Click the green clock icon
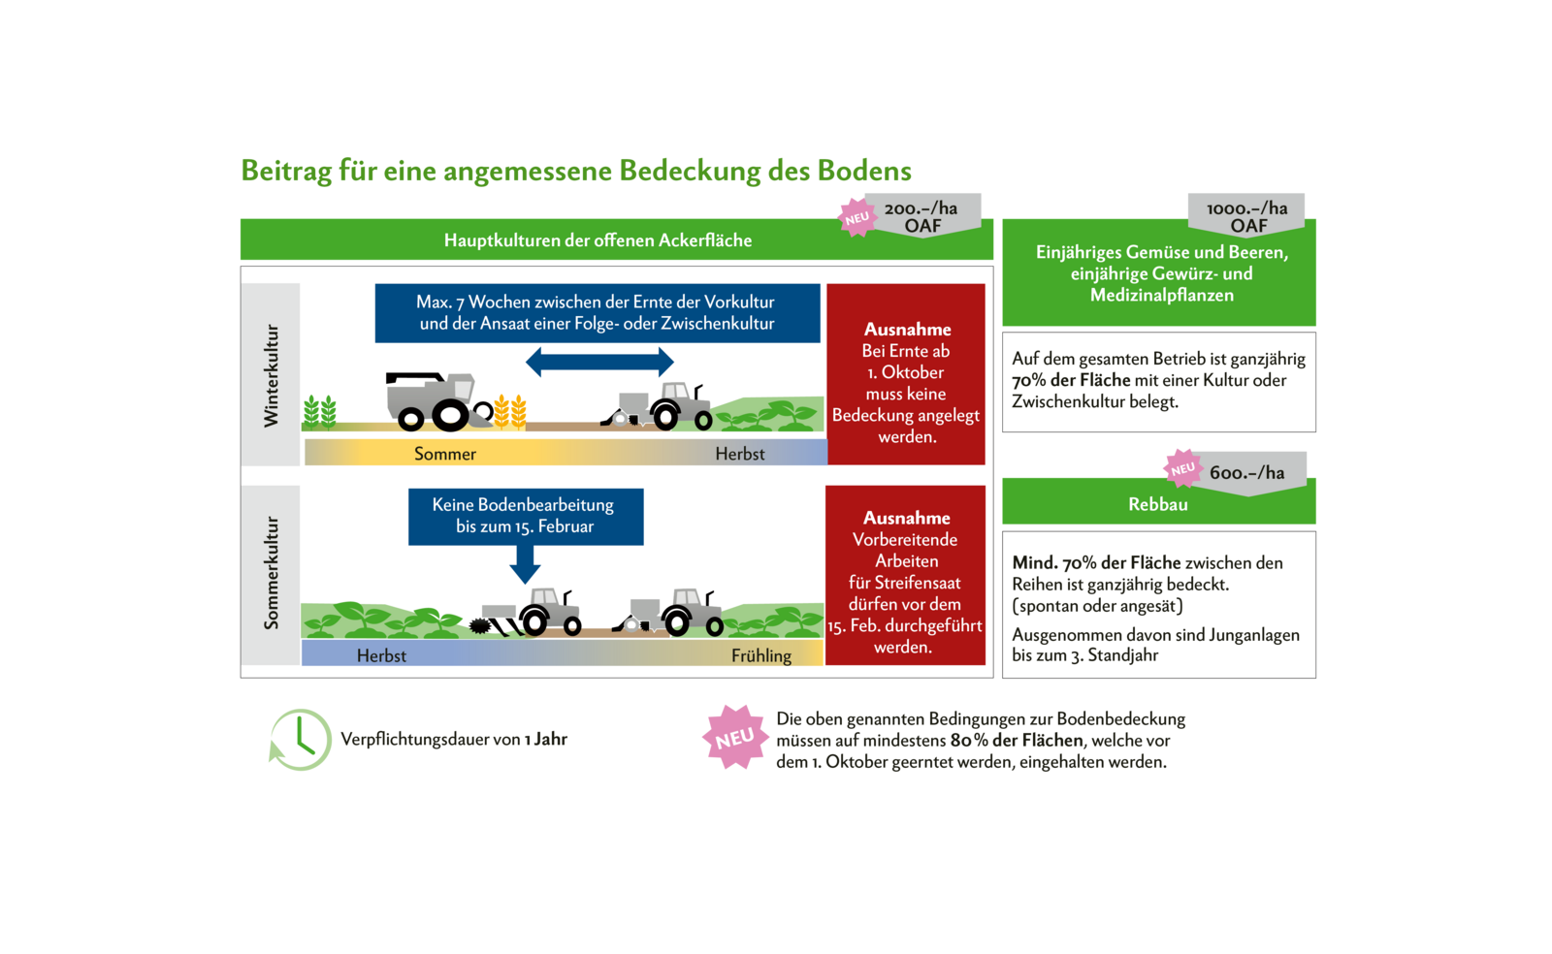(301, 740)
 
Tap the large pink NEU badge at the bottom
(735, 737)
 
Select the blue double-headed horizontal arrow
(599, 363)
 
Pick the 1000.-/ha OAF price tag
(1247, 215)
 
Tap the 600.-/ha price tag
(1247, 472)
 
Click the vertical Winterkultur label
(272, 375)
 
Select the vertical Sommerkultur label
(272, 573)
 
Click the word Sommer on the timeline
(445, 454)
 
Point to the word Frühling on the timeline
(761, 656)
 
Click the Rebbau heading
(1158, 504)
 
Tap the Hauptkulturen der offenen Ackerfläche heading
(598, 240)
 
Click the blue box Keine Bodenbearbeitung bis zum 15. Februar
(525, 516)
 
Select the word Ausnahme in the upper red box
(908, 330)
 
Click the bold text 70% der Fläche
(1071, 380)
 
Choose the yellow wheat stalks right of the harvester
(510, 412)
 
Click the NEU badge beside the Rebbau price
(1182, 468)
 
